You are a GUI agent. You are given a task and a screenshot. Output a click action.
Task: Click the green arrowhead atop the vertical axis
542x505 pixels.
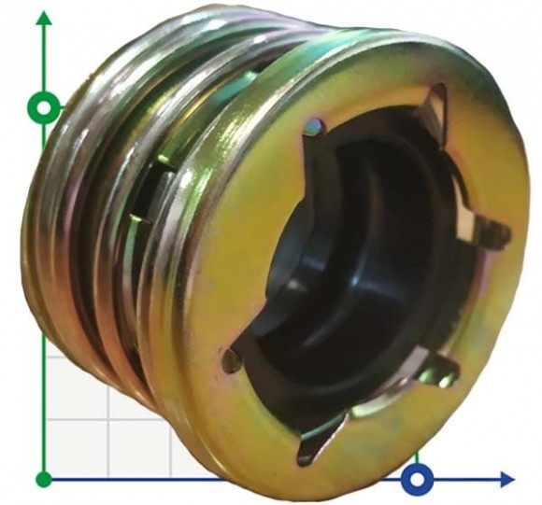coord(43,21)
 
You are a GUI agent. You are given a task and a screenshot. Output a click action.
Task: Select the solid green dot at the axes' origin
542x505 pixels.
coord(43,479)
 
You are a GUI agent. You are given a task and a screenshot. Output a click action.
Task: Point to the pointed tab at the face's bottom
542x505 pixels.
coord(313,448)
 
